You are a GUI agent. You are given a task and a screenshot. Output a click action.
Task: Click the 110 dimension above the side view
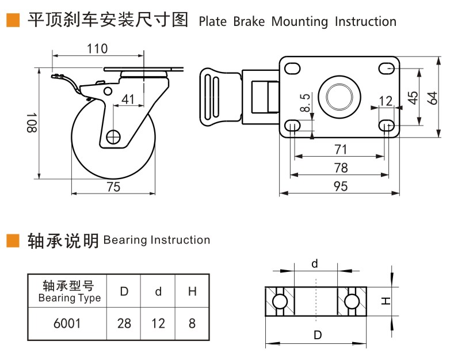click(97, 48)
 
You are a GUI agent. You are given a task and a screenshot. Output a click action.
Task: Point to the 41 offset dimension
click(128, 99)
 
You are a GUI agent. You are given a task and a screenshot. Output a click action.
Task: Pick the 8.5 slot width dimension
click(306, 103)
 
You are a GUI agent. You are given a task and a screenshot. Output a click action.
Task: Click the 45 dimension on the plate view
click(413, 97)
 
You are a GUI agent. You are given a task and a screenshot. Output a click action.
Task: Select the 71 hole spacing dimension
click(341, 149)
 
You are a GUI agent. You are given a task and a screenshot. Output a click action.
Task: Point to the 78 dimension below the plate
click(341, 168)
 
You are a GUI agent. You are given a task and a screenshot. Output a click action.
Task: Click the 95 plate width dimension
click(341, 186)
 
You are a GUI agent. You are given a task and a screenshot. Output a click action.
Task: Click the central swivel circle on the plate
click(340, 94)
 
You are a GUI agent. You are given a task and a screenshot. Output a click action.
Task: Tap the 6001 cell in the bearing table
click(67, 323)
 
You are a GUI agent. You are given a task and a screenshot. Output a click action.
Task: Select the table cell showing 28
click(124, 323)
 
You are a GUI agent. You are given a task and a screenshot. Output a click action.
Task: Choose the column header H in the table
click(192, 291)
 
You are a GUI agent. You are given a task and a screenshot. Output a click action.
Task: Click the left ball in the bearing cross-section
click(280, 301)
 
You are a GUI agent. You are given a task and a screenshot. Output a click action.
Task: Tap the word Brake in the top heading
click(249, 22)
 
